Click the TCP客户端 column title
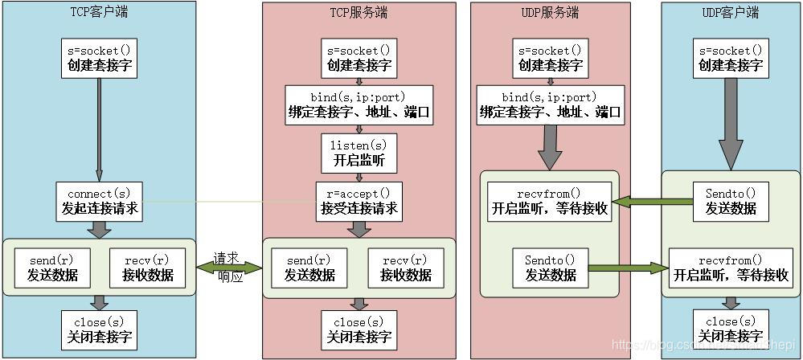(99, 13)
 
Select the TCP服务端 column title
(358, 13)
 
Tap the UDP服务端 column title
(550, 13)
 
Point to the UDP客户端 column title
(731, 13)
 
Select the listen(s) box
(358, 152)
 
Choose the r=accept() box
(358, 202)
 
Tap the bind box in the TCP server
(358, 105)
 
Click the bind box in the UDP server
(550, 105)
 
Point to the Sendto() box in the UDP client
(731, 202)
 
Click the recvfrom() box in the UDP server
(550, 202)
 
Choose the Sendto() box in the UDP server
(550, 267)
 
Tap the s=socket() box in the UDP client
(731, 57)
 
